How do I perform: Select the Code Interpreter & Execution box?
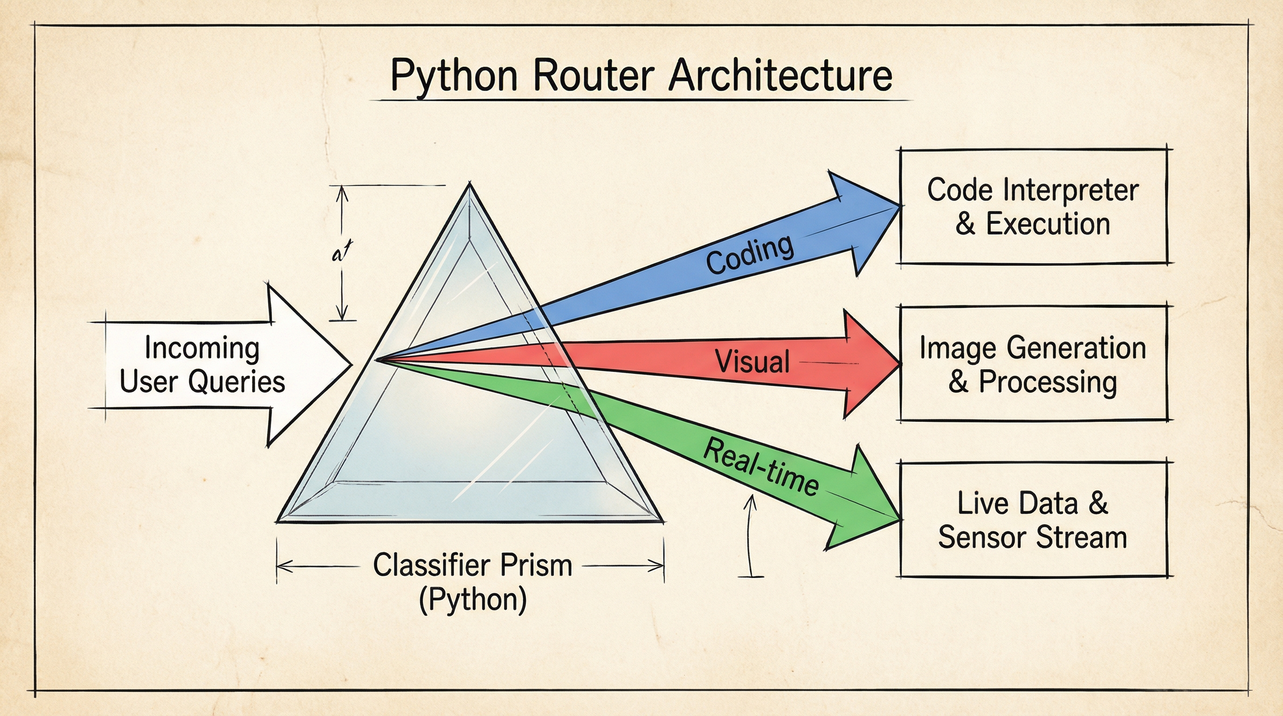(1033, 206)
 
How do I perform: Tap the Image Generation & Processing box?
(1033, 364)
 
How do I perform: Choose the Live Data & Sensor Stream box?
(1033, 520)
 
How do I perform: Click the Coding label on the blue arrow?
(750, 255)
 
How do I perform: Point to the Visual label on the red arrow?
(752, 361)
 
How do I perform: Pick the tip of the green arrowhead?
(901, 519)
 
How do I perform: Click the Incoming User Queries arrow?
(209, 365)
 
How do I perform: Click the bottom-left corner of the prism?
(277, 521)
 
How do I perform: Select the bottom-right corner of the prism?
(663, 521)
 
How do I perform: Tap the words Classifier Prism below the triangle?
(473, 565)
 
